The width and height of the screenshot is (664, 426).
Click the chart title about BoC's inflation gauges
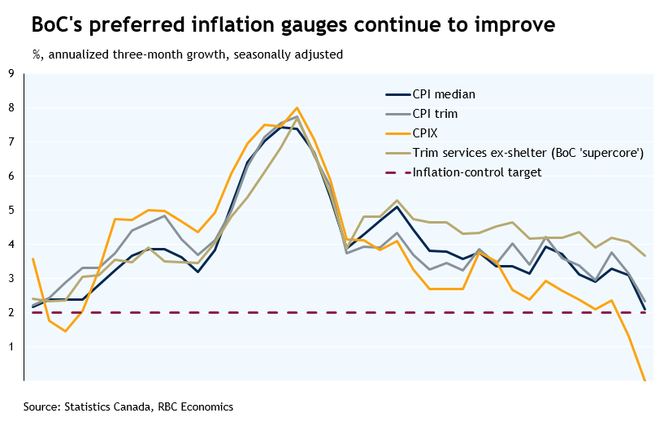(x=293, y=24)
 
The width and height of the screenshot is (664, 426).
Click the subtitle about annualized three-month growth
(x=188, y=55)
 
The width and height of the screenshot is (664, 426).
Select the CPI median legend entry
(x=443, y=94)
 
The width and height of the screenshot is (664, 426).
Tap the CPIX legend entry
(x=427, y=133)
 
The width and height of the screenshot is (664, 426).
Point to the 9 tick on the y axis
(x=11, y=73)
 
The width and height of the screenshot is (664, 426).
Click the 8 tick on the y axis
(x=11, y=107)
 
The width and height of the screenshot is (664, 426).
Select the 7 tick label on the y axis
(x=11, y=141)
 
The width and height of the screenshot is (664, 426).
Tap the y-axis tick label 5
(x=11, y=210)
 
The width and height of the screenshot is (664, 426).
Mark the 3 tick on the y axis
(x=11, y=278)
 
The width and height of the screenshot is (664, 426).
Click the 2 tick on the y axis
(x=11, y=312)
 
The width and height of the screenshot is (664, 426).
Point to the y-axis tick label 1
(x=11, y=346)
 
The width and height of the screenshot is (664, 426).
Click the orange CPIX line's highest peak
(x=297, y=107)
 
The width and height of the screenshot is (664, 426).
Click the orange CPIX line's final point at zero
(x=644, y=380)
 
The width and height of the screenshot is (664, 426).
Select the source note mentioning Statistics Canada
(x=128, y=406)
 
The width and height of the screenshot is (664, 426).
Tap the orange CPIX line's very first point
(x=32, y=259)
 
